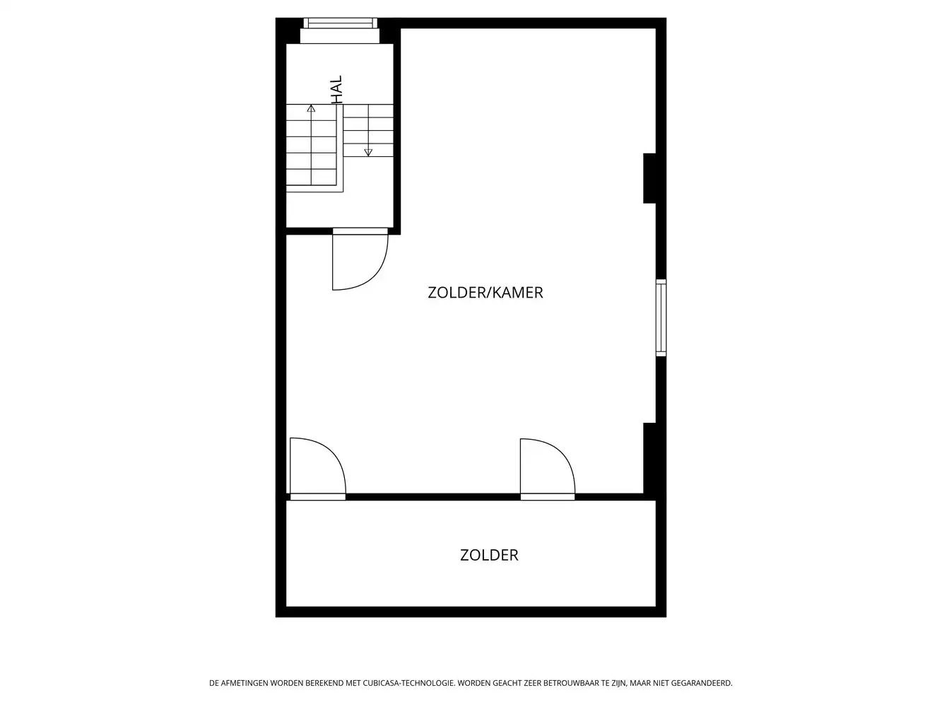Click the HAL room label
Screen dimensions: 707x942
[x=336, y=90]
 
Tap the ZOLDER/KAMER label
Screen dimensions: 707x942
[x=485, y=293]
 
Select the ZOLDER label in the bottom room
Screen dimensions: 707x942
[x=489, y=555]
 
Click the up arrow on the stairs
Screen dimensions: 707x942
[x=311, y=109]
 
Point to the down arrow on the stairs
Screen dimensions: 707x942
[x=368, y=151]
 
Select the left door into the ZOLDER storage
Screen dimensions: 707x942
[x=317, y=467]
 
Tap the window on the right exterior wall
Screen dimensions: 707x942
[x=661, y=317]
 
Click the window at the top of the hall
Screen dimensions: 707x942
[x=340, y=23]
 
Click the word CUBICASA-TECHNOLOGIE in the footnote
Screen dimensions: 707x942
[x=409, y=683]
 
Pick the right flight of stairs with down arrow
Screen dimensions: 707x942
[x=368, y=131]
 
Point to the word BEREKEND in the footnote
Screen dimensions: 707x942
[x=322, y=683]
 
